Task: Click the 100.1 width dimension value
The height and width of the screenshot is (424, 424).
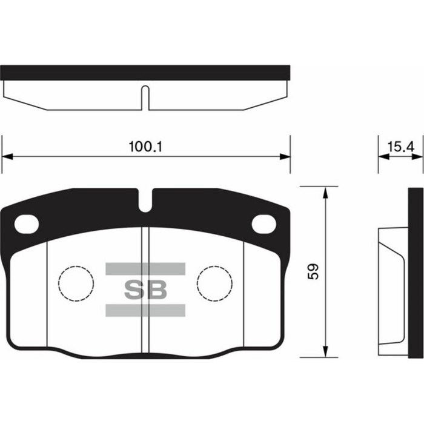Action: (x=146, y=147)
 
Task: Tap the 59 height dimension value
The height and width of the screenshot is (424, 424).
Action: (x=313, y=271)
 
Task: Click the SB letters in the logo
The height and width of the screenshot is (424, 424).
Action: (x=145, y=290)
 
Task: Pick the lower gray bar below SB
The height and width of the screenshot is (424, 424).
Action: (x=145, y=311)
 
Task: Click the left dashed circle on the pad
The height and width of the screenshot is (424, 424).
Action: (x=76, y=283)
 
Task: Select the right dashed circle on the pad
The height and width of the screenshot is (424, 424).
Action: (x=214, y=283)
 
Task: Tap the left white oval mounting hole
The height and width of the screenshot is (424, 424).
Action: (x=27, y=224)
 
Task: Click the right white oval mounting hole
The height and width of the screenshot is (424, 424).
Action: (x=263, y=224)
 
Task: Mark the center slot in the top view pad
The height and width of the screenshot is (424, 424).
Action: (x=145, y=97)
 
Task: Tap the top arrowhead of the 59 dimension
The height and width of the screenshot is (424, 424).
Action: (x=326, y=192)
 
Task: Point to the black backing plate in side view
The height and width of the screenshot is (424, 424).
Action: (x=416, y=273)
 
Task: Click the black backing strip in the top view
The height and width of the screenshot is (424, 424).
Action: (x=145, y=73)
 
